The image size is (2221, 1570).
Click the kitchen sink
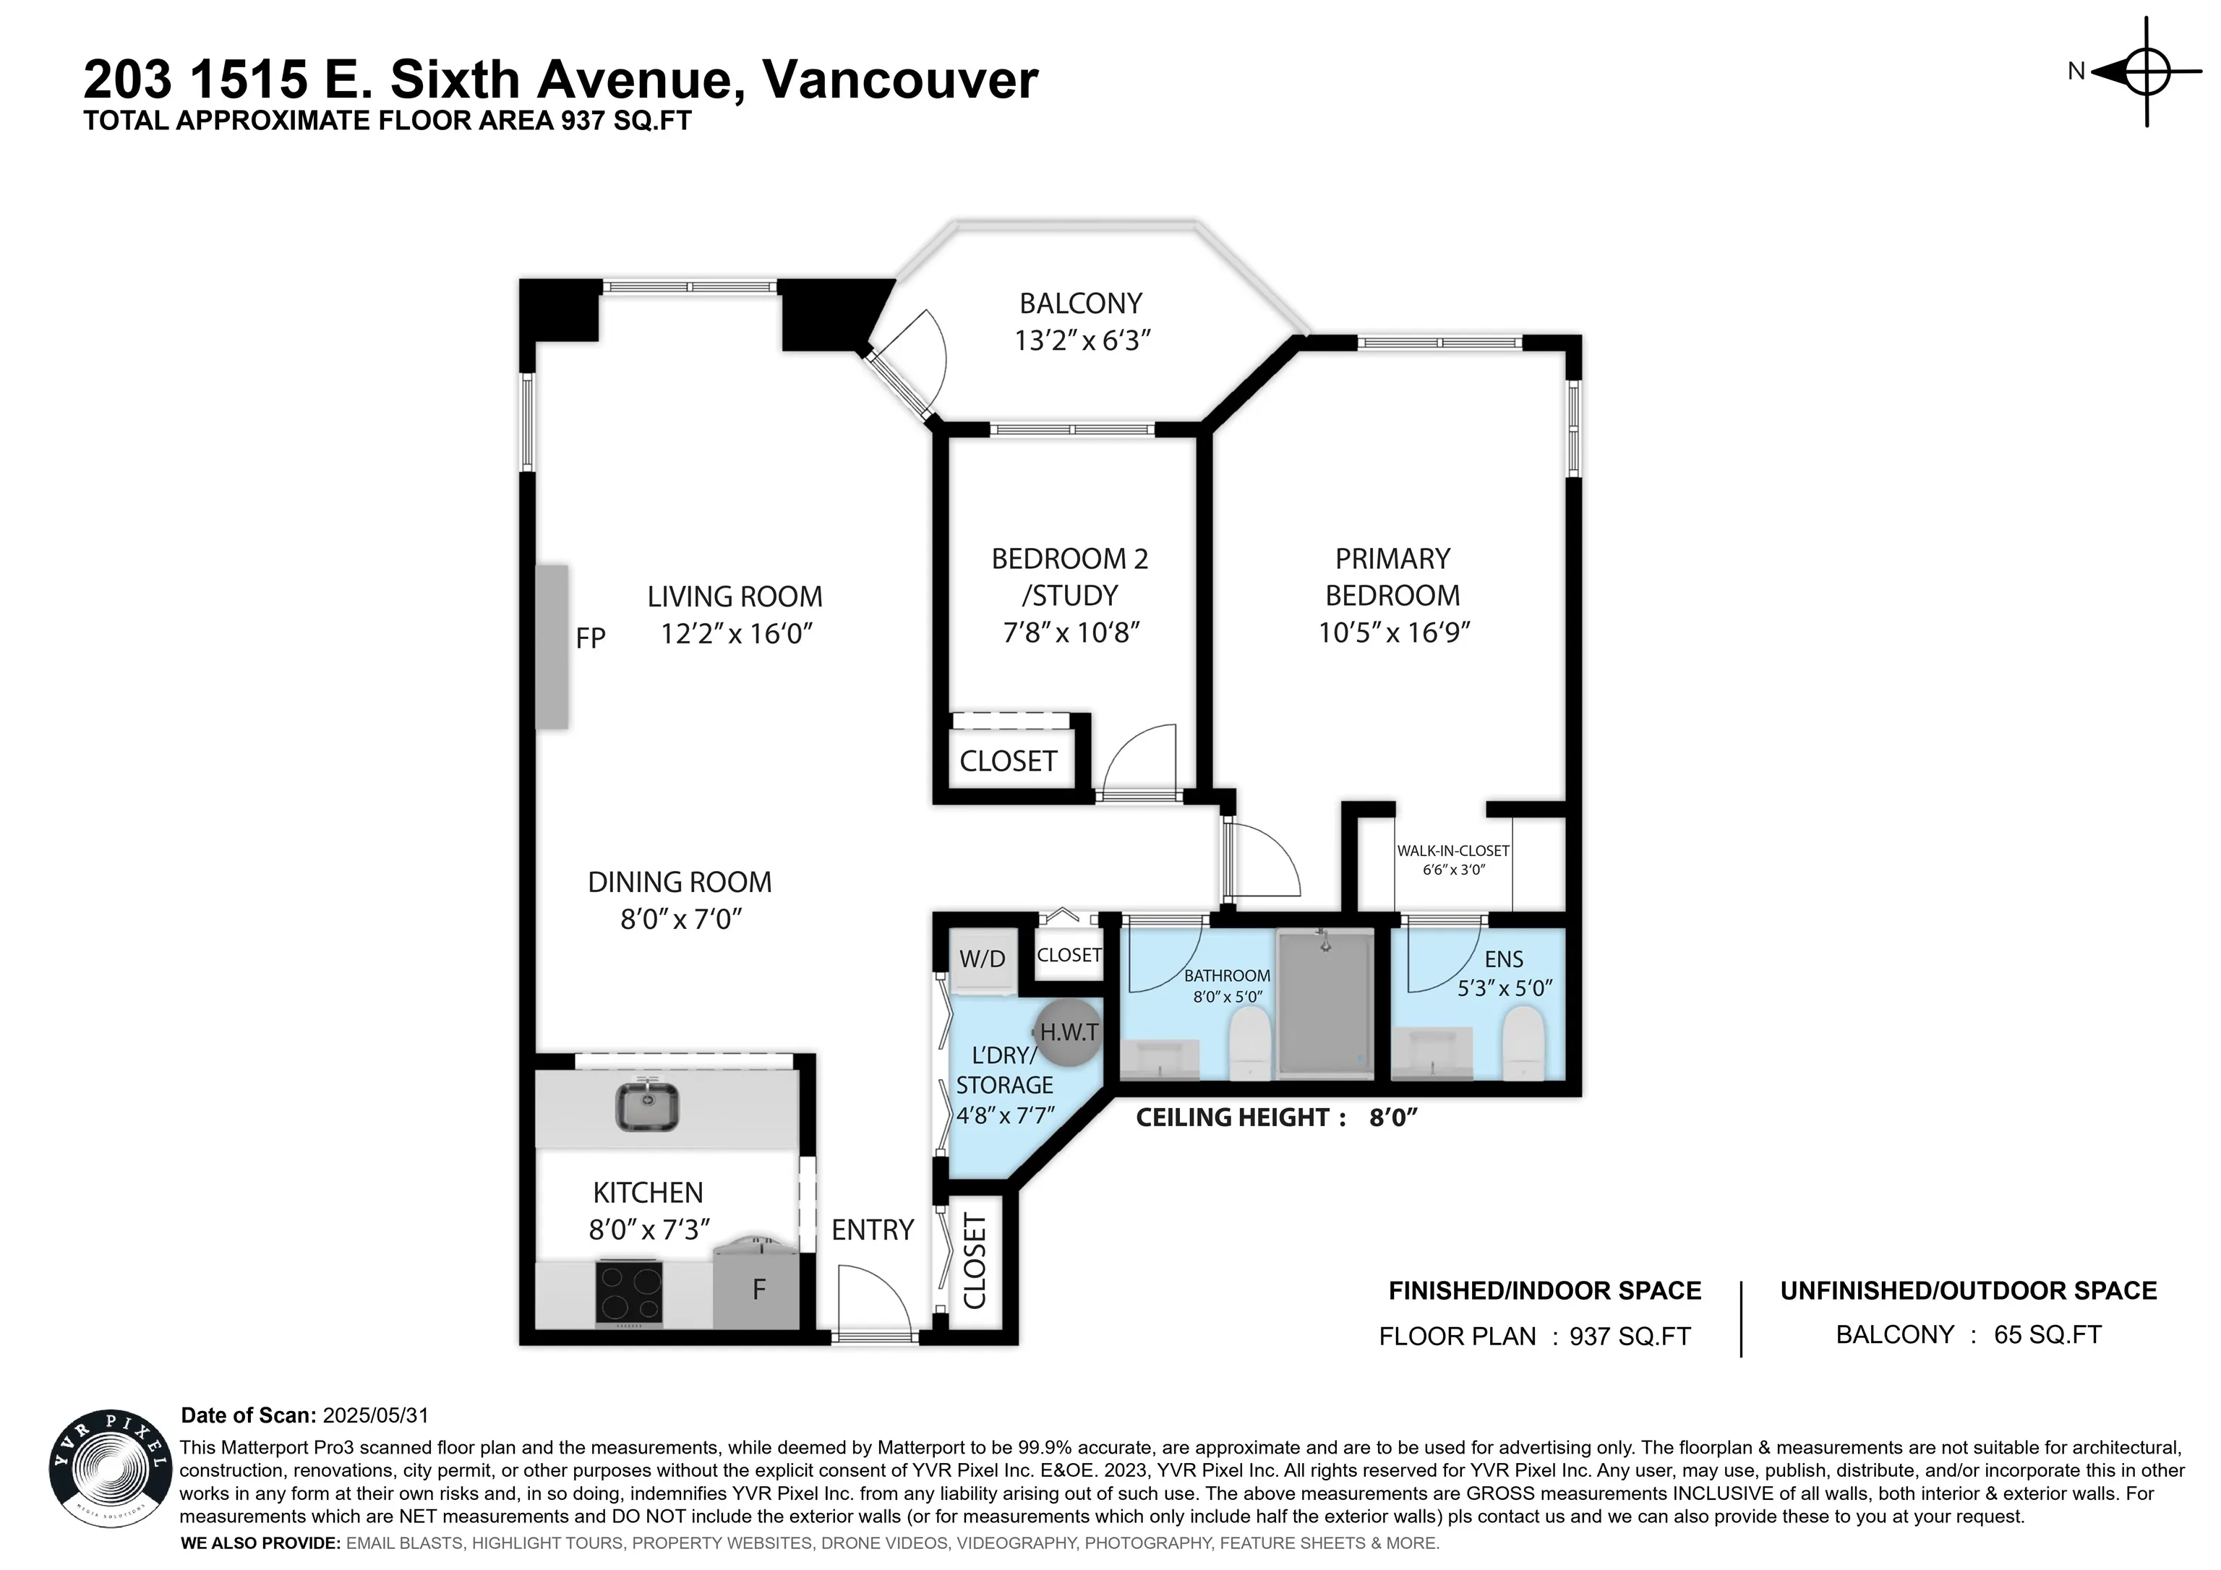pos(647,1106)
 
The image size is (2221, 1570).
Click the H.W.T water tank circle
pos(1068,1032)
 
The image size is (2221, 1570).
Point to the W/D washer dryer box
pos(982,961)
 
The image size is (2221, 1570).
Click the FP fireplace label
pos(590,638)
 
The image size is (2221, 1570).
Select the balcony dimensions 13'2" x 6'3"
pos(1082,340)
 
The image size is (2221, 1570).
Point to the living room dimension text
pos(736,634)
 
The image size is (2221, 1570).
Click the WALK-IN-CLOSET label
pos(1453,850)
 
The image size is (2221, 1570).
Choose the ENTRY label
pos(873,1230)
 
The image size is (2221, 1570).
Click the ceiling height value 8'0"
pos(1393,1118)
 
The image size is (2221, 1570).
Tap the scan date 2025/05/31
pos(375,1415)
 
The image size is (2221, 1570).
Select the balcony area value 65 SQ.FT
pos(2048,1335)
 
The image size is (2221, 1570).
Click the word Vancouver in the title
pos(901,80)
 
